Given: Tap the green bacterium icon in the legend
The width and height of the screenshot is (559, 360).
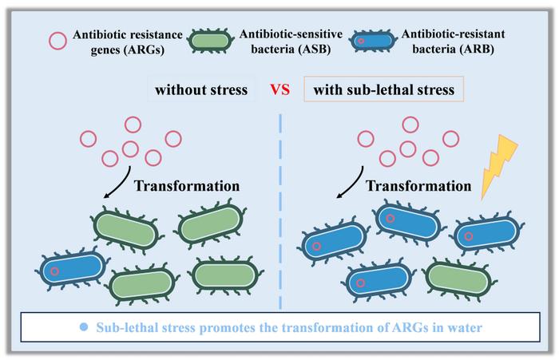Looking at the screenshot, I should click(x=212, y=40).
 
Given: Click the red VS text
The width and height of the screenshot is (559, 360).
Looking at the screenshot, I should click(x=279, y=89).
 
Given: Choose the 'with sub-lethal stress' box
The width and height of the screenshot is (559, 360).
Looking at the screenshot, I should click(x=384, y=89).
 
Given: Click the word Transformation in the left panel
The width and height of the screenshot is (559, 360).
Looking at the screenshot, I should click(x=187, y=185).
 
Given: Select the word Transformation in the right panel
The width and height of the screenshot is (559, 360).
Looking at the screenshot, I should click(x=418, y=185).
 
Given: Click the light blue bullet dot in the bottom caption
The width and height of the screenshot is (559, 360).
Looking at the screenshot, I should click(x=84, y=328).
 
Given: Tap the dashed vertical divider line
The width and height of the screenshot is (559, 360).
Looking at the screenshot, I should click(x=281, y=208).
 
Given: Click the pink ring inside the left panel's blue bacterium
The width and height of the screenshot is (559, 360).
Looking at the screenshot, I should click(x=54, y=271).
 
